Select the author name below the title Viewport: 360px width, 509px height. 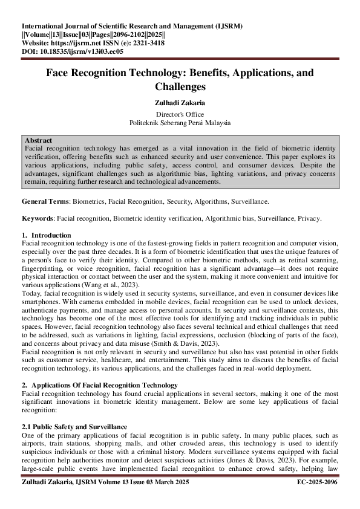pos(180,103)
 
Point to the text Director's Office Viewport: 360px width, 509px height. pos(180,114)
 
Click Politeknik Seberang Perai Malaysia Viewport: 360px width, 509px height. pos(180,122)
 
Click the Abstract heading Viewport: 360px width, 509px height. pos(38,140)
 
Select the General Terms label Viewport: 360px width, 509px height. pos(45,201)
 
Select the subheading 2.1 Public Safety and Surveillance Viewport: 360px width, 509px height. pos(74,427)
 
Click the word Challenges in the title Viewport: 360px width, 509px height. pos(180,86)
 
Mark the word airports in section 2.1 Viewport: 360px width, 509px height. pos(36,443)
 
